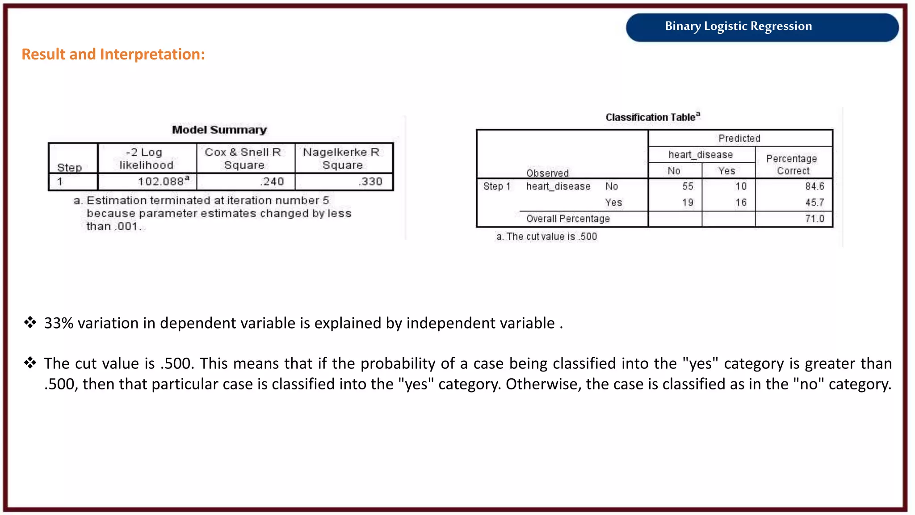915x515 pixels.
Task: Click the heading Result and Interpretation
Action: point(113,55)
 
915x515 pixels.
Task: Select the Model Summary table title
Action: point(219,130)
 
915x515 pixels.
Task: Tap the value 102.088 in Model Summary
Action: point(163,182)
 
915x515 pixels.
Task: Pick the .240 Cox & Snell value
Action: point(272,182)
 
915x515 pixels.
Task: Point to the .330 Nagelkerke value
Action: point(370,182)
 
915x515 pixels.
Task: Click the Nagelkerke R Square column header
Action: point(342,159)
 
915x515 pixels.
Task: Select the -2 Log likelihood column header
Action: point(146,159)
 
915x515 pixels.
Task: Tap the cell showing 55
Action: point(688,186)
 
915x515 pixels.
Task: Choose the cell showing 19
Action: point(688,203)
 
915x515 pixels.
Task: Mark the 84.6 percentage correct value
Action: point(814,186)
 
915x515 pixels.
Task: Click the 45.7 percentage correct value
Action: point(814,203)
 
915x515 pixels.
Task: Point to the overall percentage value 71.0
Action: point(814,219)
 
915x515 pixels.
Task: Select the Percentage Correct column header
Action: point(792,165)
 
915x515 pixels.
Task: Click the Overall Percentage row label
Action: point(568,219)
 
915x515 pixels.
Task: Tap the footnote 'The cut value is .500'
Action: point(546,236)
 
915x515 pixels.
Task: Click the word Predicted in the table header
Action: point(739,139)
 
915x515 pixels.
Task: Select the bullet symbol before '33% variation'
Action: point(30,322)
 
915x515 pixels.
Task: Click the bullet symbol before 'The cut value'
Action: point(30,363)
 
